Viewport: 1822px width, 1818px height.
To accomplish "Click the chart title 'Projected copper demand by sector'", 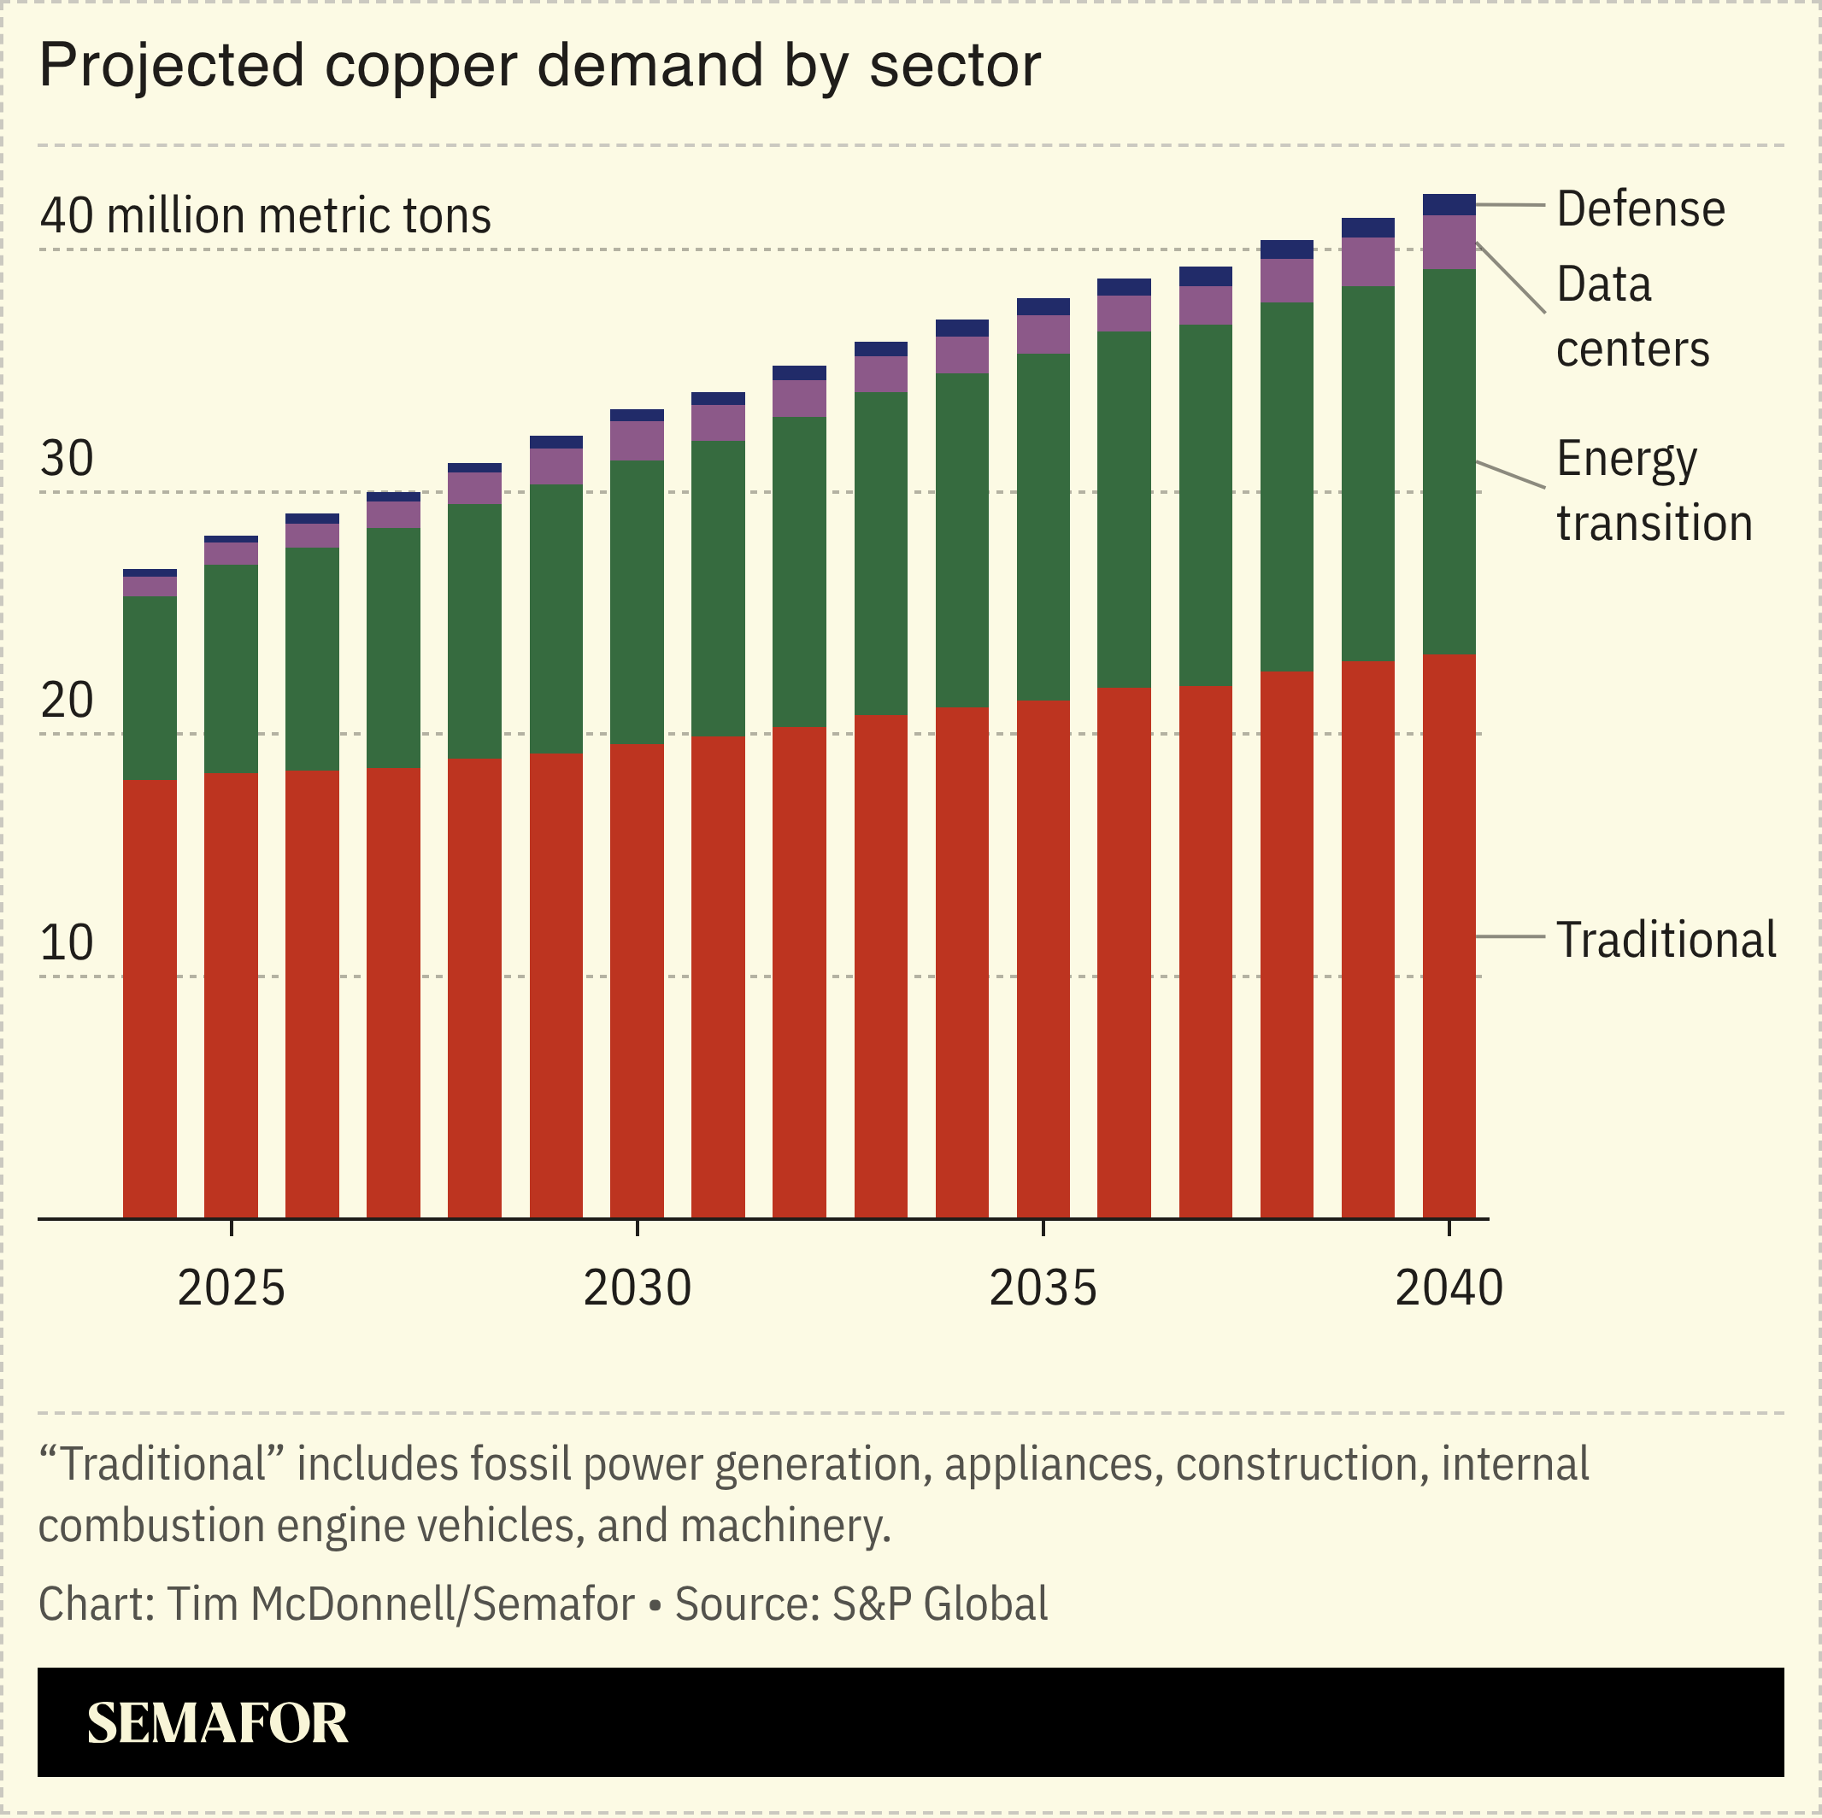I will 539,66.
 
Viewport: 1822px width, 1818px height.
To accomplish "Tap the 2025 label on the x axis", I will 231,1288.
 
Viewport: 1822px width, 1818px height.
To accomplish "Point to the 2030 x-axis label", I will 637,1288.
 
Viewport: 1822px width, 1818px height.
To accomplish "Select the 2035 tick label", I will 1043,1288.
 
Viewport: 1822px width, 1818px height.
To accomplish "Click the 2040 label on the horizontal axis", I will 1449,1288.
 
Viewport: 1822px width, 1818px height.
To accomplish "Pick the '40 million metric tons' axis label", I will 265,216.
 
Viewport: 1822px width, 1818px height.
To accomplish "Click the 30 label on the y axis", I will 66,460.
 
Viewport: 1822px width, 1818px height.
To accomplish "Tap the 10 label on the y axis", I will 66,943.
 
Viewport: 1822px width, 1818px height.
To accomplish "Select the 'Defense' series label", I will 1640,208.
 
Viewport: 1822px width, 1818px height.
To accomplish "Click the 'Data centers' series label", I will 1631,317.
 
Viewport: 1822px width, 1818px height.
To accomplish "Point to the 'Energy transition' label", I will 1653,491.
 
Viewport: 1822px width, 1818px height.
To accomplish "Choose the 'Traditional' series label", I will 1666,940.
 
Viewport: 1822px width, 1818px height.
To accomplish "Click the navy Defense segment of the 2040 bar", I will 1449,205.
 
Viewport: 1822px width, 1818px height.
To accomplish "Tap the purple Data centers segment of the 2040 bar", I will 1449,243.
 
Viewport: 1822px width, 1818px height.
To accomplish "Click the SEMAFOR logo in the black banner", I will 218,1723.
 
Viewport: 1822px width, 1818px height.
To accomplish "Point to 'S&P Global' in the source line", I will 939,1604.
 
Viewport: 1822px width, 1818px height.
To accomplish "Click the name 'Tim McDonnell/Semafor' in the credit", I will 401,1604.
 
